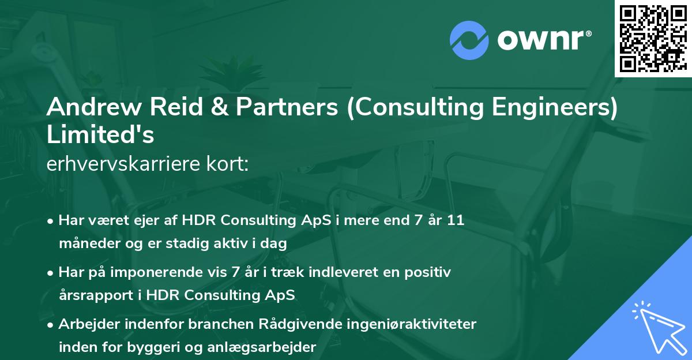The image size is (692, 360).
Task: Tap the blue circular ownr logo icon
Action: [469, 39]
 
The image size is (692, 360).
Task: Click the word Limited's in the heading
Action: [100, 135]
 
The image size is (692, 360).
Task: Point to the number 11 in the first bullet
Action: [456, 222]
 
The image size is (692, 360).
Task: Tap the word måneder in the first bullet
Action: [86, 243]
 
